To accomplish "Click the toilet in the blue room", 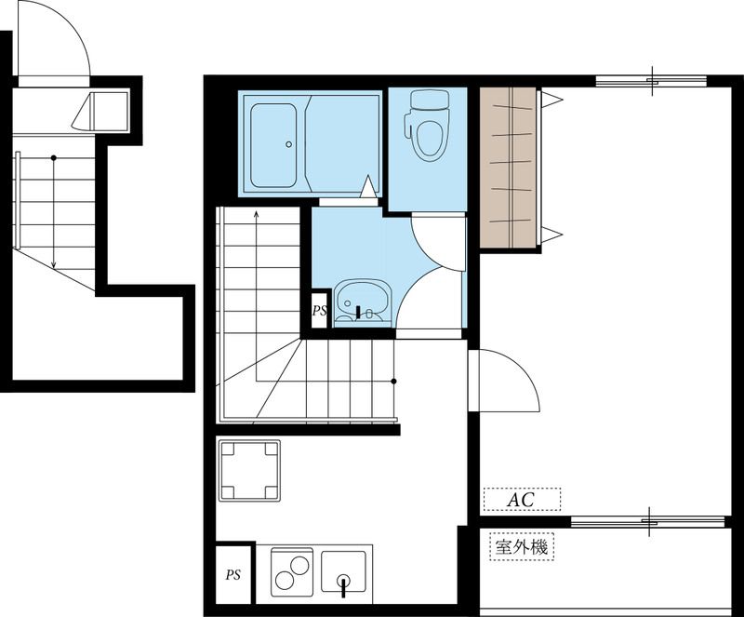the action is [427, 126].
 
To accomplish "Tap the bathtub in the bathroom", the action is [273, 145].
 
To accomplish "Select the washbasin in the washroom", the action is [363, 302].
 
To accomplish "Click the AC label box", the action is [522, 499].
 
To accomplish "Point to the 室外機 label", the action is [522, 547].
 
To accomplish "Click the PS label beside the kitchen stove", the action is [233, 575].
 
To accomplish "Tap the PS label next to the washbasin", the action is [319, 311].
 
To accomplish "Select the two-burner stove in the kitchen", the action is [292, 572].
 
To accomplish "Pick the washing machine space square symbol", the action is [249, 471].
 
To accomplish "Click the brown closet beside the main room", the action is [508, 168].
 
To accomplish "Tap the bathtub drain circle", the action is [288, 144].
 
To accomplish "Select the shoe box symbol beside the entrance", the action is [100, 112].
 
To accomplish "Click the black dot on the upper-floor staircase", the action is [54, 157].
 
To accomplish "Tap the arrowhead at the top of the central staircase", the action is [257, 214].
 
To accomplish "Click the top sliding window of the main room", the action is [651, 81].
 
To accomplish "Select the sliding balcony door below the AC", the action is [647, 521].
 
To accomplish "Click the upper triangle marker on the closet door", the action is [551, 100].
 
